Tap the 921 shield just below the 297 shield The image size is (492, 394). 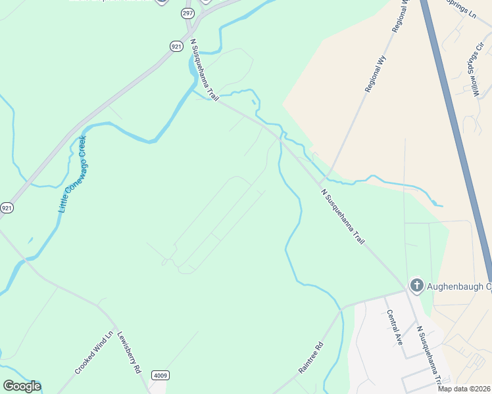[176, 46]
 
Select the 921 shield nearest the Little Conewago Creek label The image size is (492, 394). [7, 208]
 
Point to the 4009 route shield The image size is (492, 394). [159, 375]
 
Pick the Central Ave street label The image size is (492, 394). [395, 327]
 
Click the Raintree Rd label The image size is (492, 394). [312, 357]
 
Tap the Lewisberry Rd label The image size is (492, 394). [130, 353]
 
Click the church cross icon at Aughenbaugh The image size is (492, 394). [416, 286]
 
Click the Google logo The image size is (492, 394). [22, 386]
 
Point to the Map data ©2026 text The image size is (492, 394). [464, 388]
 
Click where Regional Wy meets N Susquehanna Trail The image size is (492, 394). [323, 181]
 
